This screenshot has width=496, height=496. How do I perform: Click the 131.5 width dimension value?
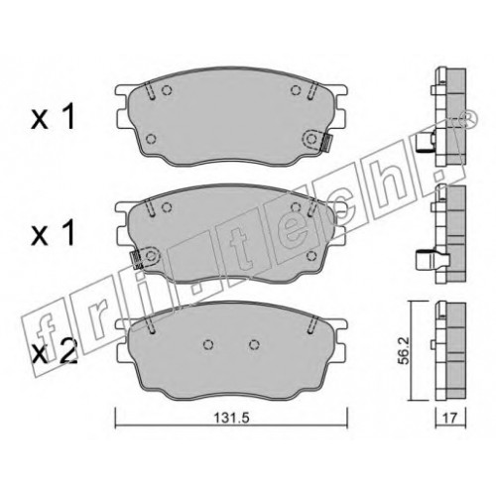(x=231, y=418)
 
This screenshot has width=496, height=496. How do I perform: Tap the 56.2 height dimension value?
(x=404, y=351)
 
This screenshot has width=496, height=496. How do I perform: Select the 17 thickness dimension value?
(x=450, y=419)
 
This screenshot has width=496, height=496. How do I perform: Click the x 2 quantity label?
(x=55, y=352)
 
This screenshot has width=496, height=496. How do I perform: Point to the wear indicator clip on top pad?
(x=326, y=143)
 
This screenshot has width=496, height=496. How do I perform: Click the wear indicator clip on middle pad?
(x=137, y=260)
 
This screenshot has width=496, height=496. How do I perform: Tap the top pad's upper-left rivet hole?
(x=167, y=90)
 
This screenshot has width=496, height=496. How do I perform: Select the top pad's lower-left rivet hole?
(x=151, y=139)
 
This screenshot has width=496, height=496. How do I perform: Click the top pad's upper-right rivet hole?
(x=296, y=89)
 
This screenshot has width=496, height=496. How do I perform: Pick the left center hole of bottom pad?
(x=208, y=344)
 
